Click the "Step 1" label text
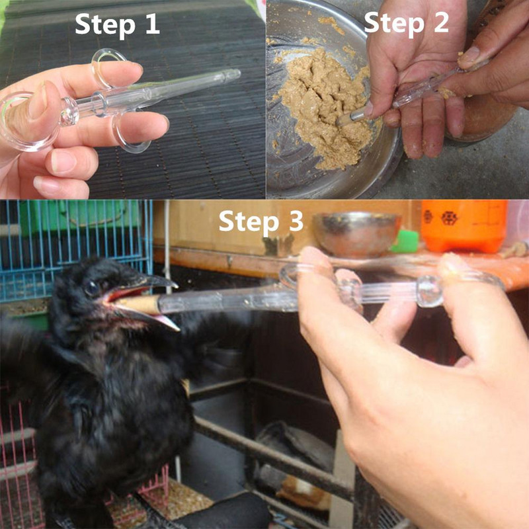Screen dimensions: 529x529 pos(117,24)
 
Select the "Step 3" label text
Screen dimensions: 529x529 pos(261,221)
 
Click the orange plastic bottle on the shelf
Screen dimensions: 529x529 pos(463,225)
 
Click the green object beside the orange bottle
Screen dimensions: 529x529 pos(405,241)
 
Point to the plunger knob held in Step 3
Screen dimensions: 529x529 pos(428,291)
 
